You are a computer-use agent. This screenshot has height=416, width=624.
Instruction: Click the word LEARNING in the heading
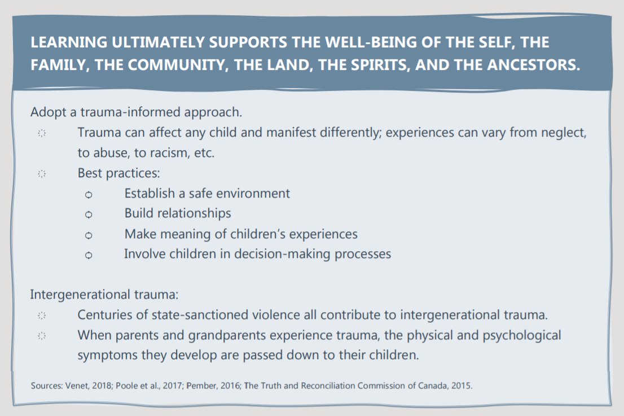point(64,43)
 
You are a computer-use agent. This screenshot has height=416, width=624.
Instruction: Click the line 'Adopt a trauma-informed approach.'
point(136,112)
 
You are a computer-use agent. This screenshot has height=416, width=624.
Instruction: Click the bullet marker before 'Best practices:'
point(41,174)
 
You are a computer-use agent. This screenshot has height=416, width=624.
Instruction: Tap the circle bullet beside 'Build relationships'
point(88,214)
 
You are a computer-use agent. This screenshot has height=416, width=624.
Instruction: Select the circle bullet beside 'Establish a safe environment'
point(88,195)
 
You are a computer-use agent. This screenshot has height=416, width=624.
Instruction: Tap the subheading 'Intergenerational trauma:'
point(104,295)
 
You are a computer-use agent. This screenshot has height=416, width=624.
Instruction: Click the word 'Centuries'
point(102,315)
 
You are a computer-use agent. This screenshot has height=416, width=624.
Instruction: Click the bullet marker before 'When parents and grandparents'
point(41,336)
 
